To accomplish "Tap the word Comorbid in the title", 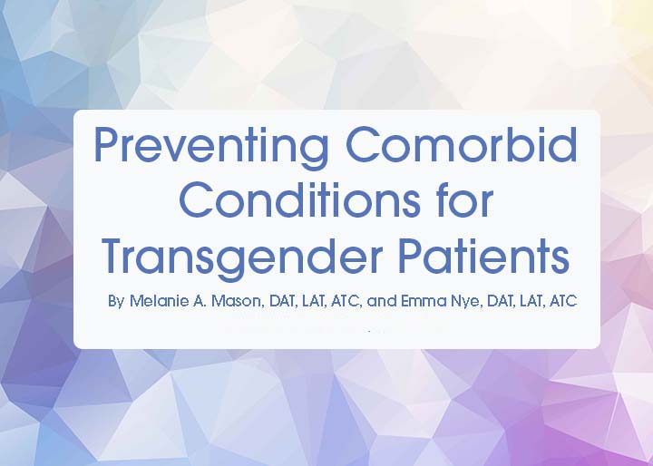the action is (x=462, y=144).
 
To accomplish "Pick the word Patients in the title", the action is (x=483, y=256).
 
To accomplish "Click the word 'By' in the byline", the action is (x=116, y=301).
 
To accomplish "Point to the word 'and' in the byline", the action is (x=382, y=300).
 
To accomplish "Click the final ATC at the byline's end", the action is (x=563, y=300).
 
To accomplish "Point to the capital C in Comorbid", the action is (x=362, y=144).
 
